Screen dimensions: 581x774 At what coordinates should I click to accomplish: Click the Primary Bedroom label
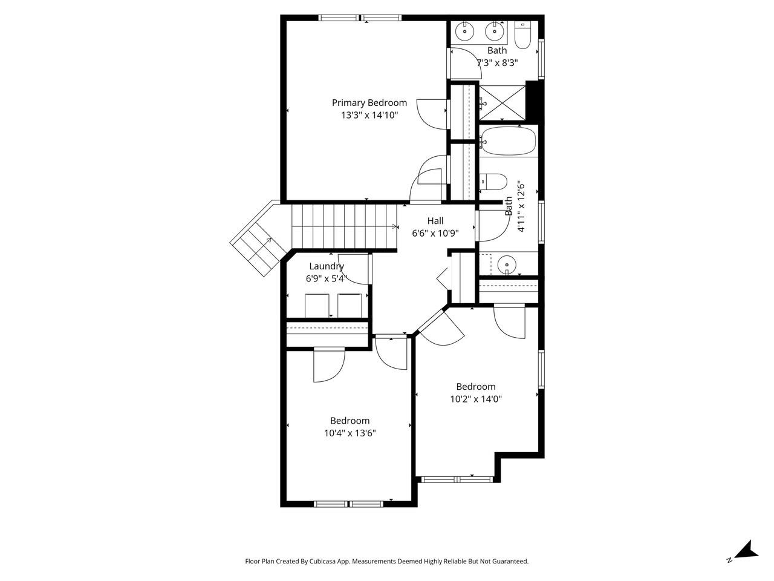[369, 103]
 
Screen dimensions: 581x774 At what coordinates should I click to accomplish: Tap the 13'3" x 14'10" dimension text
[369, 115]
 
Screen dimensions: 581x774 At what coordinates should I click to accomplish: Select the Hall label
[435, 221]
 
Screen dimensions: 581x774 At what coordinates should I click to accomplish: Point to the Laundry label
[327, 266]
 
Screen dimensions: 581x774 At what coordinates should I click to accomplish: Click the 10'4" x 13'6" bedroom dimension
[350, 433]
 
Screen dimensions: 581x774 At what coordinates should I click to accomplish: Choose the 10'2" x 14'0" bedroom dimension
[475, 399]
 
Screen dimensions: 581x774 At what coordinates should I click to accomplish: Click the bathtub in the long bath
[508, 140]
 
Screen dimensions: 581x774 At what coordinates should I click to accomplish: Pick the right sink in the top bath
[495, 29]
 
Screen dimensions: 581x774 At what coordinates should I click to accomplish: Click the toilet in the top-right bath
[522, 36]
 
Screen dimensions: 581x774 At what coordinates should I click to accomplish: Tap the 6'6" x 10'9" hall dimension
[435, 233]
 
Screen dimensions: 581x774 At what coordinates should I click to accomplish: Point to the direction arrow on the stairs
[394, 227]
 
